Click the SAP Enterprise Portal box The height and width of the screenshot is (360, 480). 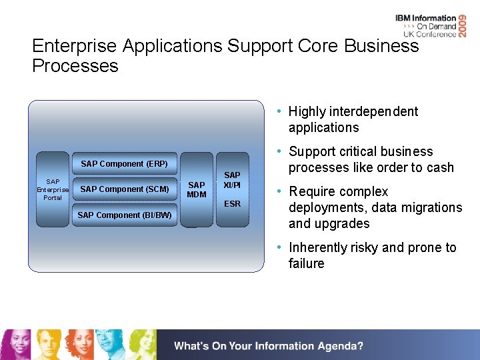pyautogui.click(x=53, y=189)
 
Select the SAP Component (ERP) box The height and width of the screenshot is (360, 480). pyautogui.click(x=124, y=163)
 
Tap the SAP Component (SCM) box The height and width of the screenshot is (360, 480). pyautogui.click(x=124, y=189)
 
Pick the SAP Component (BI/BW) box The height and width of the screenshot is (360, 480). pyautogui.click(x=124, y=215)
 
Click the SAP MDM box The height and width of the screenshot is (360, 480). pyautogui.click(x=197, y=189)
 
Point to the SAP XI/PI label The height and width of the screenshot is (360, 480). pyautogui.click(x=232, y=179)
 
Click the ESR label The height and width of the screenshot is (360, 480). pyautogui.click(x=232, y=203)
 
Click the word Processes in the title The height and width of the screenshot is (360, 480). pyautogui.click(x=75, y=66)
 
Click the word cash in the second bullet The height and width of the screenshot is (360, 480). pyautogui.click(x=439, y=167)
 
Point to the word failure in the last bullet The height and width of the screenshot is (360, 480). pyautogui.click(x=306, y=263)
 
